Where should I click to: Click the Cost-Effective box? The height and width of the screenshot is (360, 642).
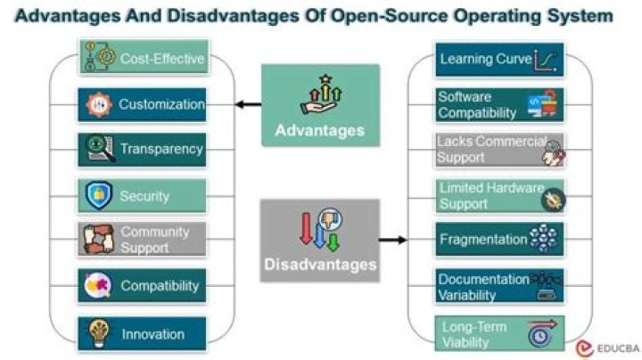point(143,59)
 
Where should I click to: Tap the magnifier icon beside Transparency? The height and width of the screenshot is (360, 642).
point(96,149)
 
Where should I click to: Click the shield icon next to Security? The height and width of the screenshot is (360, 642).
point(96,195)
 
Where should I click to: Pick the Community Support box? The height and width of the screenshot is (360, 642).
point(143,240)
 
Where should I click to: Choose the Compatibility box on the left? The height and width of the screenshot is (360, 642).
point(143,286)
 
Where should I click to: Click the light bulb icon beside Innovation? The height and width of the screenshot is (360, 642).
point(97,334)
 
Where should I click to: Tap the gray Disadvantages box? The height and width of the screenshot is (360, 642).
point(320,240)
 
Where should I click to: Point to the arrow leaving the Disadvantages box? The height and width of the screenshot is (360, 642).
point(392,240)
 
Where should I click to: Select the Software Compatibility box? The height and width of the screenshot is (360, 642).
point(498,105)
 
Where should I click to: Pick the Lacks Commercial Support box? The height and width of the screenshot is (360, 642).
point(498,150)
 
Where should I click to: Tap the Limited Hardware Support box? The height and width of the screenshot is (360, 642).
point(498,195)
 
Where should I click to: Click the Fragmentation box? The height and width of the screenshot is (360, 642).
point(498,240)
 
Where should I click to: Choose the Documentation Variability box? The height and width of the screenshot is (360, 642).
point(498,286)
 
